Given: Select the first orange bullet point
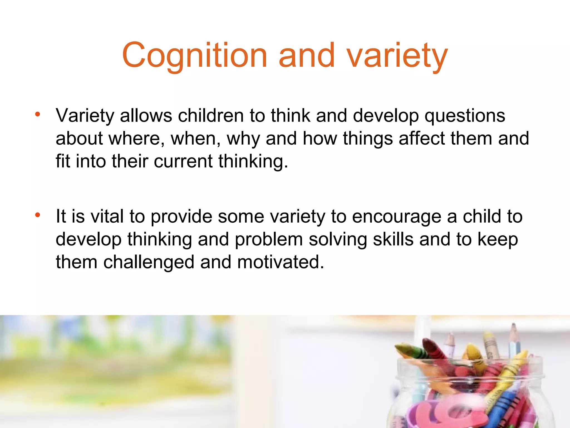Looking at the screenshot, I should [x=38, y=115].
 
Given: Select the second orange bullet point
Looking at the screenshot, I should [x=38, y=215].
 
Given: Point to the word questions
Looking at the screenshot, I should [x=465, y=116].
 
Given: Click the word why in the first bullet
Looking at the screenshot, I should [x=243, y=139].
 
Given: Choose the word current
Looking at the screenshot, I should [x=183, y=161].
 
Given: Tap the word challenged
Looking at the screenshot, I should [x=149, y=262].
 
